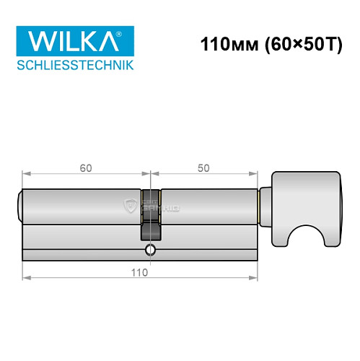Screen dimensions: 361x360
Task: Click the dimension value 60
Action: click(86, 168)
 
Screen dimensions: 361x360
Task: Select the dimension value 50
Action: click(203, 168)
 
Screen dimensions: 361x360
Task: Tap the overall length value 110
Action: click(140, 272)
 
